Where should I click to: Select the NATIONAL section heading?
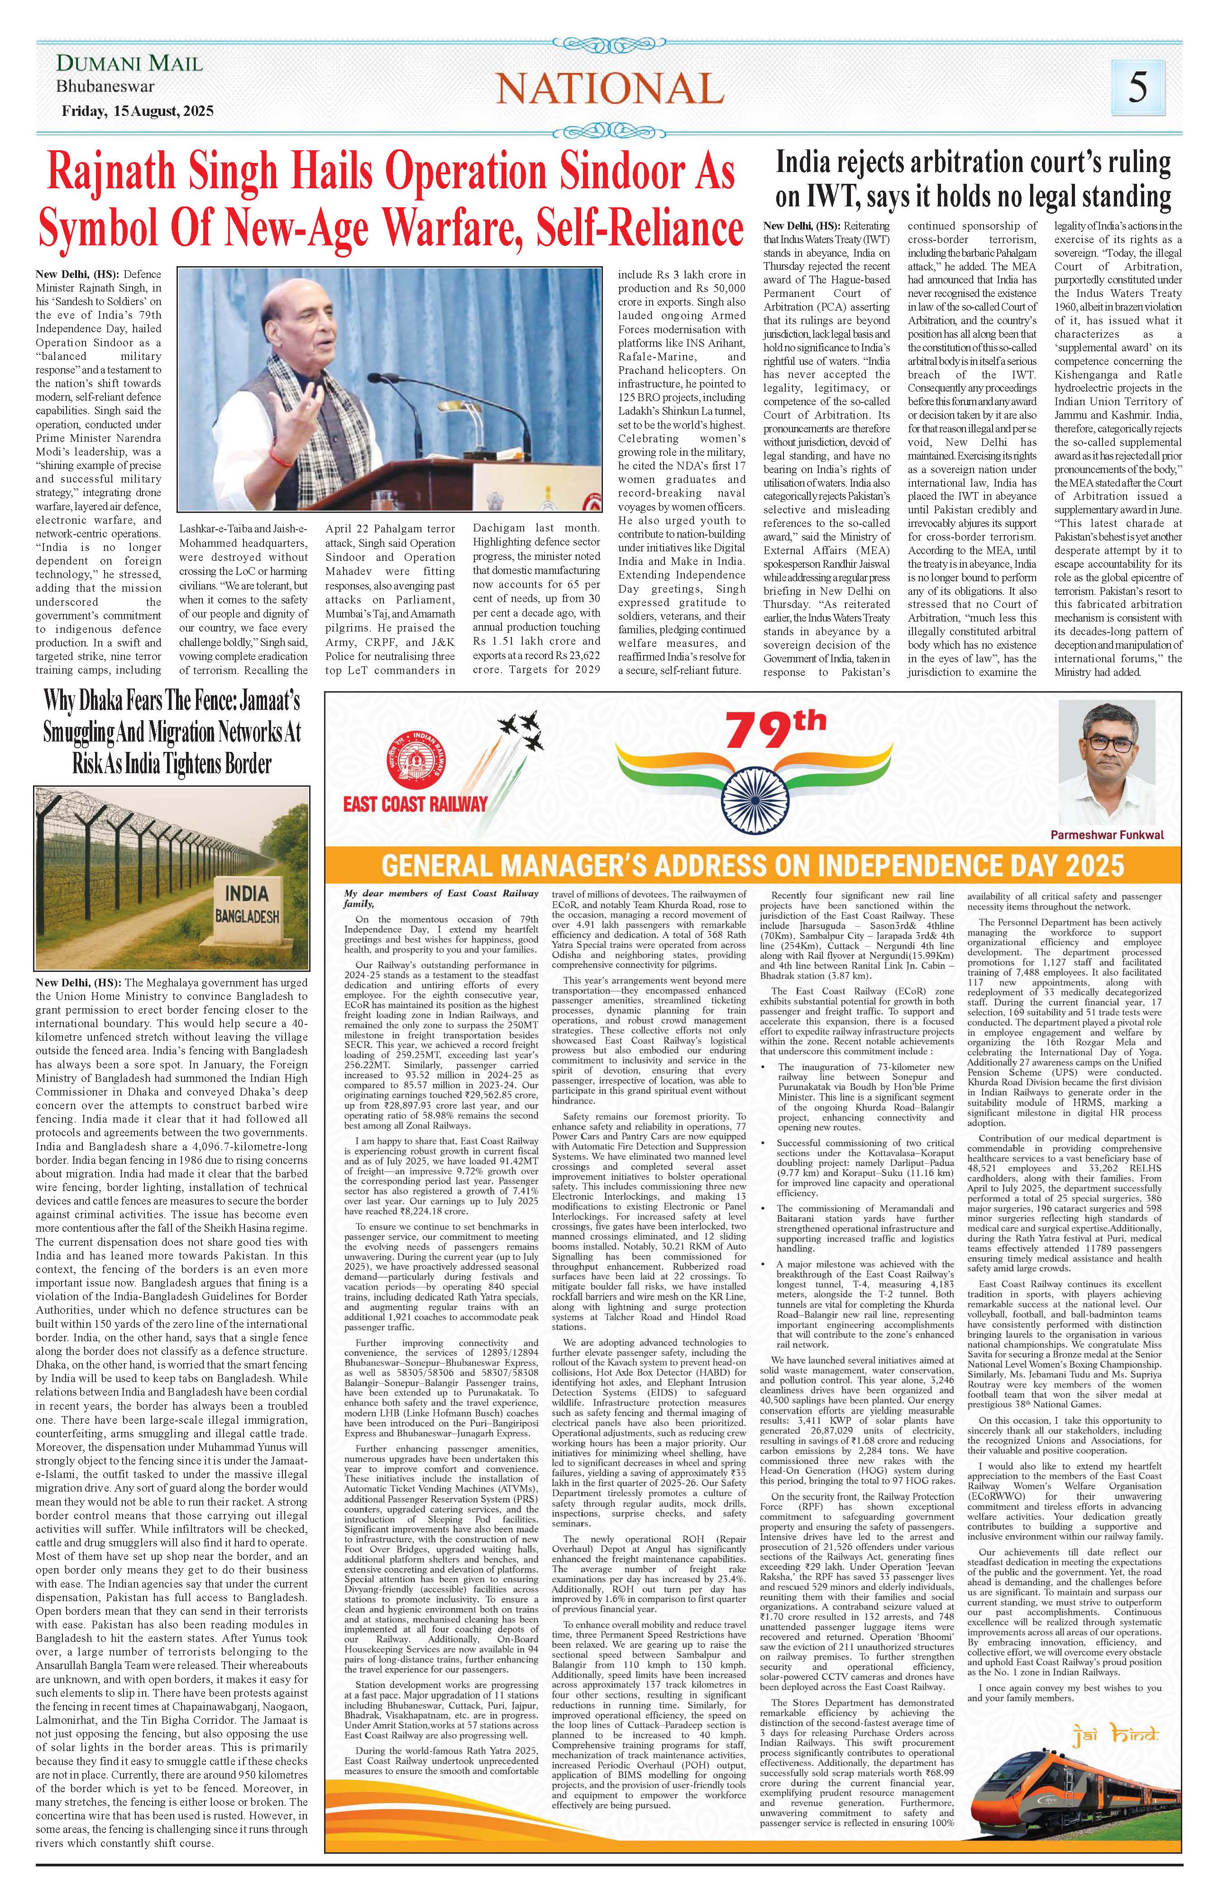pyautogui.click(x=610, y=87)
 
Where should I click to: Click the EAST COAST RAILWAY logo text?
pyautogui.click(x=415, y=805)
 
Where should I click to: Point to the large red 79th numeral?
pyautogui.click(x=775, y=731)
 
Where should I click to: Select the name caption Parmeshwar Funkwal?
pyautogui.click(x=1107, y=834)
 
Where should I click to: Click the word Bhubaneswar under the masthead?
pyautogui.click(x=105, y=87)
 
